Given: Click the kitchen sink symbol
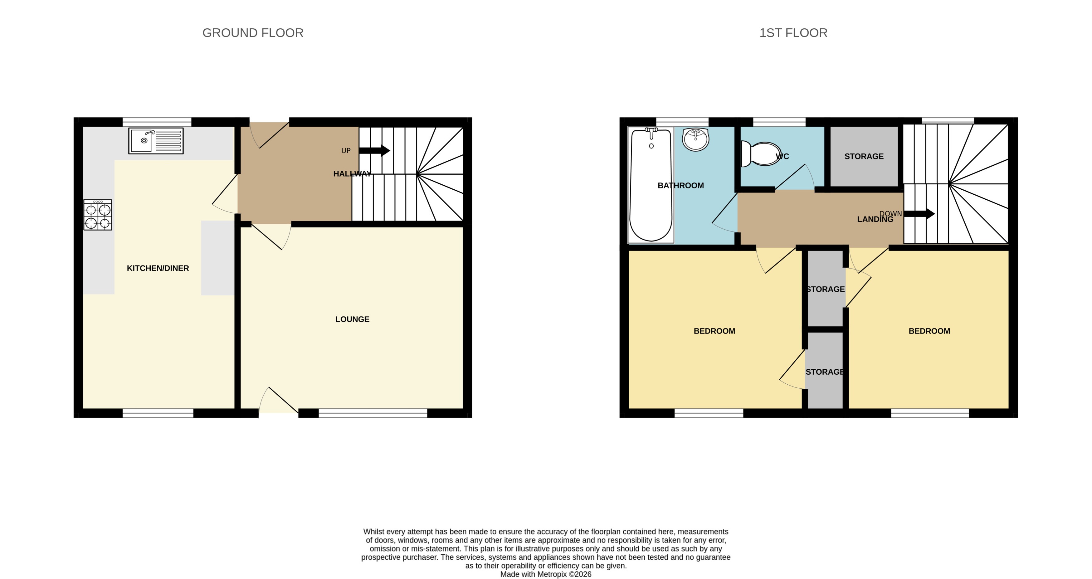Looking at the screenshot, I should (156, 141).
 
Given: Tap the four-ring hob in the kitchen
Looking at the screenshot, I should (97, 215).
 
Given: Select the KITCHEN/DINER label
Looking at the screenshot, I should (158, 268).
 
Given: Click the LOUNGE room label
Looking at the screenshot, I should (352, 319).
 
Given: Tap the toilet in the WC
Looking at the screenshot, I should (761, 154).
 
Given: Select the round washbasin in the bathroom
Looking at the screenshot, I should (695, 139).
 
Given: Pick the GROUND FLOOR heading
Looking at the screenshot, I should (253, 33).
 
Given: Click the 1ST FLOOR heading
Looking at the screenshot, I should (793, 33).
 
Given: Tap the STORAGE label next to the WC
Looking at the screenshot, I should (864, 156).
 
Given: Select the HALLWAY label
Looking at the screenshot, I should (352, 174).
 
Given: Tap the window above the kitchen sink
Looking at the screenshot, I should (157, 122).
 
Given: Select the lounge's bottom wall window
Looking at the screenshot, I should (373, 413).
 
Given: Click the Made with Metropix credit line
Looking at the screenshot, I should (546, 574).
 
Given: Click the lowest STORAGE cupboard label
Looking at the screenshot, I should (825, 372).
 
